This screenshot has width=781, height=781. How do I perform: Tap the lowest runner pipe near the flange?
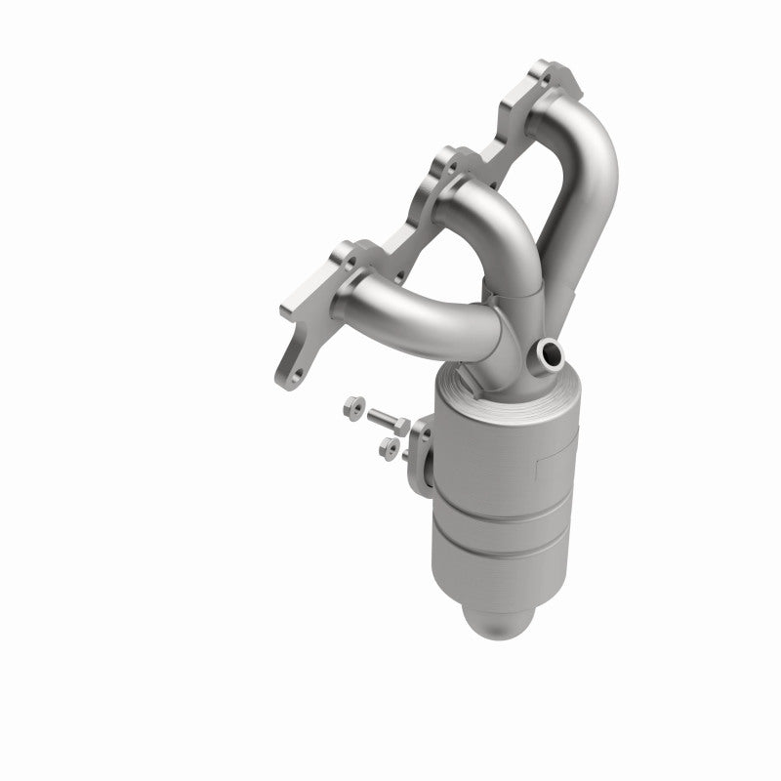[390, 298]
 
